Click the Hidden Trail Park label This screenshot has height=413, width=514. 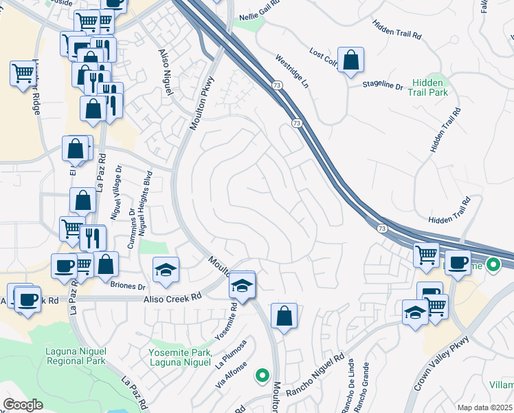(429, 87)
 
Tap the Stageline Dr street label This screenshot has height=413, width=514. (382, 85)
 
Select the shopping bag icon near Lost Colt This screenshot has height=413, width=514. (351, 61)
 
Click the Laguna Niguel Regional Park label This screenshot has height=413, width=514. (75, 356)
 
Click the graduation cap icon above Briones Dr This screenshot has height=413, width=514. (166, 270)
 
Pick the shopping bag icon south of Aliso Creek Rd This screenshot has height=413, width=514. (284, 317)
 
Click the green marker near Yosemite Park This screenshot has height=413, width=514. (262, 376)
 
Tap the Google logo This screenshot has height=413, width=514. (23, 404)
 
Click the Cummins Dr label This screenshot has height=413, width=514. (133, 213)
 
